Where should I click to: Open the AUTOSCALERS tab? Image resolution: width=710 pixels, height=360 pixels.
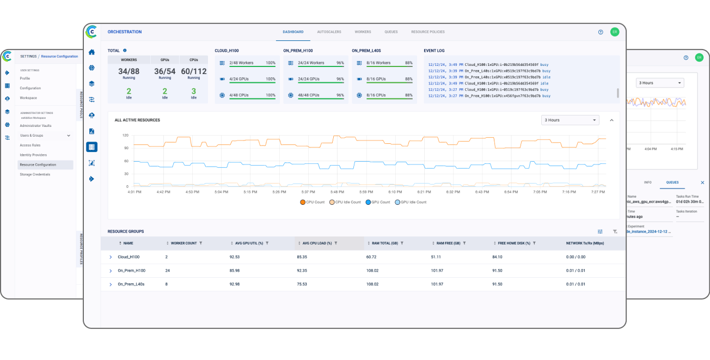click(x=329, y=32)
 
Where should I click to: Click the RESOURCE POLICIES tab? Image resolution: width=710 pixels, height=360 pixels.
click(x=427, y=32)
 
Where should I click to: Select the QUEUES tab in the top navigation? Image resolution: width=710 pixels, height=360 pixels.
click(x=391, y=32)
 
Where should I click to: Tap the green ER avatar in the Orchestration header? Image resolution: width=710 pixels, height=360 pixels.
click(x=615, y=32)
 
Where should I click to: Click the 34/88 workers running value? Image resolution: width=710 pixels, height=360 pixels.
click(x=129, y=71)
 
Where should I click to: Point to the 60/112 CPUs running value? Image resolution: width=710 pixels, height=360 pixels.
click(x=194, y=71)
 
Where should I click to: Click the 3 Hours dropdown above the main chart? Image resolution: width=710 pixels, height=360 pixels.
click(x=570, y=120)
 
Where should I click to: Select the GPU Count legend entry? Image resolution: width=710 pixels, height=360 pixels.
click(x=378, y=202)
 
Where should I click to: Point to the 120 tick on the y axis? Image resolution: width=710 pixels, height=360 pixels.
click(x=125, y=135)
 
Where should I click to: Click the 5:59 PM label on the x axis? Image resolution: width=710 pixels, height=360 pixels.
click(x=366, y=192)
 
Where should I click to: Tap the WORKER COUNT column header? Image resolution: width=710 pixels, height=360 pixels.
click(x=183, y=243)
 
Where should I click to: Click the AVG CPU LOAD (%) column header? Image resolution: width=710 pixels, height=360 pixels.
click(x=317, y=243)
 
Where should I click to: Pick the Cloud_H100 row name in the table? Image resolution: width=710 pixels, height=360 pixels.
click(x=128, y=257)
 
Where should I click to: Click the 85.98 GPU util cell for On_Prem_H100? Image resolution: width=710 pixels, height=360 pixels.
click(x=235, y=271)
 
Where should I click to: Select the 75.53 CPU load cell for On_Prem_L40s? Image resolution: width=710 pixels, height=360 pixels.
click(x=302, y=284)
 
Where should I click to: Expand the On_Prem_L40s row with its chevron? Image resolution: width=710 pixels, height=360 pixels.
click(x=111, y=284)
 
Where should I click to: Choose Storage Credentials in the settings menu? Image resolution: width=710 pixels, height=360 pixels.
click(x=35, y=174)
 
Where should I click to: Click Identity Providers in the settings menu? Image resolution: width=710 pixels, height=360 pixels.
click(x=33, y=155)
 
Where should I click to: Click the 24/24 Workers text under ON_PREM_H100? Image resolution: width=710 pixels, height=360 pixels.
click(x=311, y=63)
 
